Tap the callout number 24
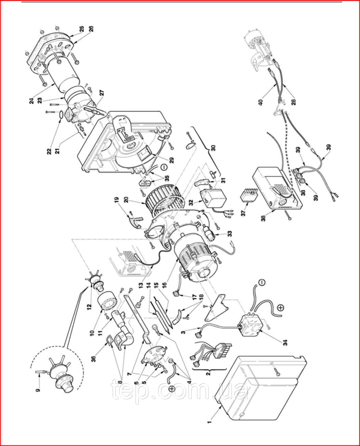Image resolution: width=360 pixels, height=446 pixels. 32,101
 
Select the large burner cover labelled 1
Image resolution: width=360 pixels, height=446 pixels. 258,388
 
